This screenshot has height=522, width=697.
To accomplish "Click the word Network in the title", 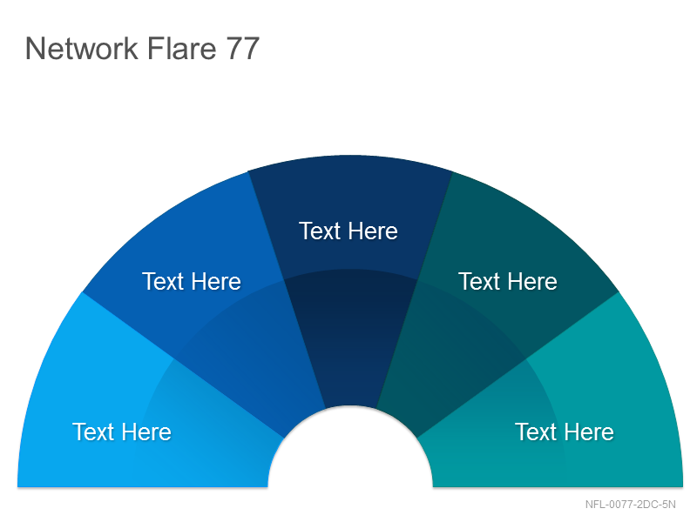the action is (82, 49).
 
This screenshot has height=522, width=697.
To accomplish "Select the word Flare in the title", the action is (182, 49).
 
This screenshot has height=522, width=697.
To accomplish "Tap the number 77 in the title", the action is (243, 49).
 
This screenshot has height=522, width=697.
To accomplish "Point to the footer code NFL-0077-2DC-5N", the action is (630, 505).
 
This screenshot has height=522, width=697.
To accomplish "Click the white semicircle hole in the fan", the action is (350, 452).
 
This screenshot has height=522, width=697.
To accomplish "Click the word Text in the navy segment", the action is (320, 231).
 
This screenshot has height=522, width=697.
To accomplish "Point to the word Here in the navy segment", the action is (373, 231).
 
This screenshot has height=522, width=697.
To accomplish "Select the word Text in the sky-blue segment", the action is (93, 432).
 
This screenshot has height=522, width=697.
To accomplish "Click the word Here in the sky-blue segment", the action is (146, 432).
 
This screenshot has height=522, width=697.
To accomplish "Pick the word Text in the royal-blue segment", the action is (163, 282).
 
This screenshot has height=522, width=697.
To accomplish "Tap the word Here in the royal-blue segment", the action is (216, 282).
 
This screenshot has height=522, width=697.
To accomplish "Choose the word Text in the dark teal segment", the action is (479, 282).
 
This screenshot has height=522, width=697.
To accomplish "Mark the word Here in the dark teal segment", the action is (532, 282).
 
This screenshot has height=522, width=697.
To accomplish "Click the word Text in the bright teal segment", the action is (536, 432).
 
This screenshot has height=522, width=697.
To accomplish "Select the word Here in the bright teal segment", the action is (589, 432).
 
